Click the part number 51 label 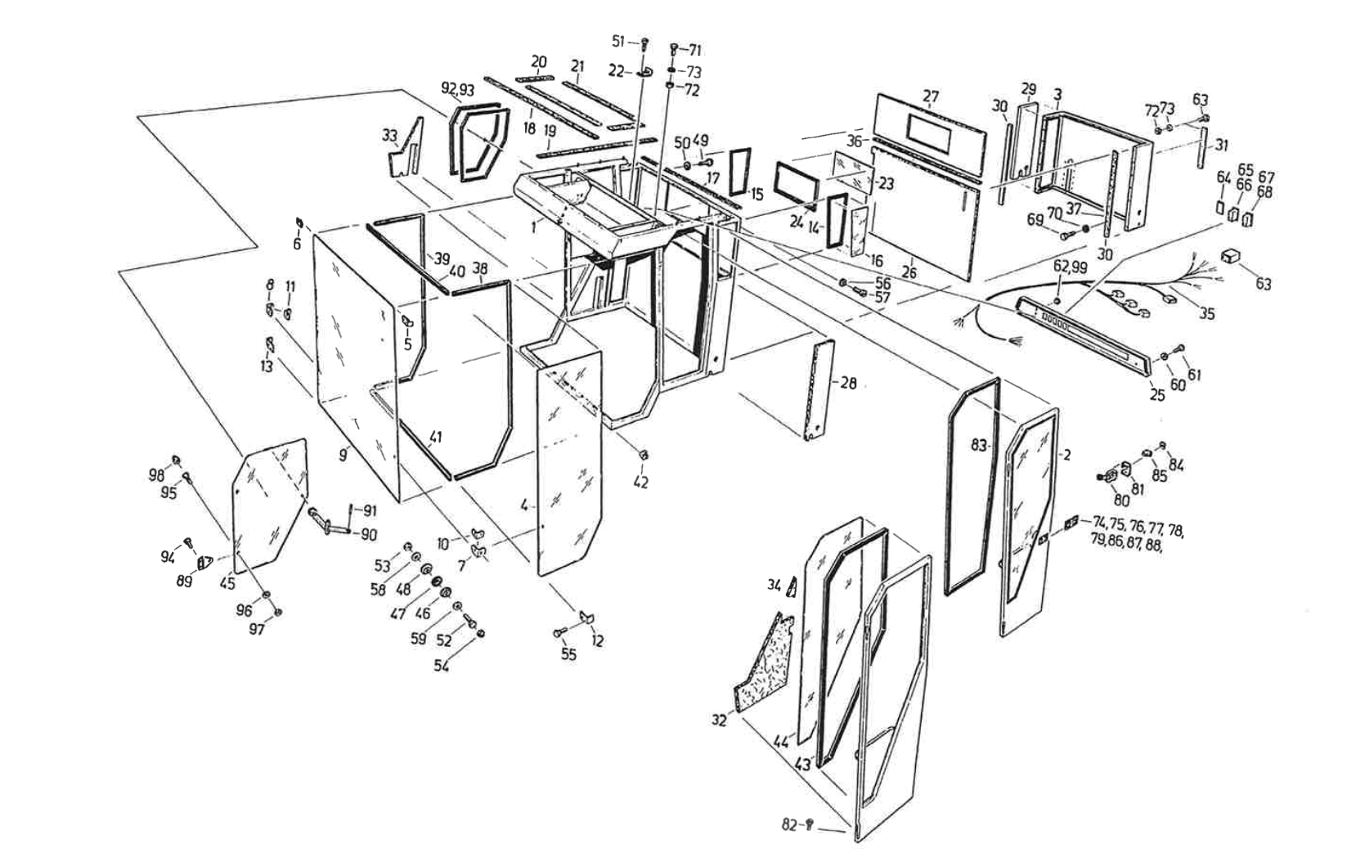click(x=618, y=41)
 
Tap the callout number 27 click(x=931, y=97)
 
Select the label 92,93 click(x=458, y=89)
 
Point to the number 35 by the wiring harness click(x=1207, y=314)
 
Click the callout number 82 click(x=789, y=824)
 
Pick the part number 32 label click(x=719, y=721)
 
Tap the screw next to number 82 click(x=808, y=824)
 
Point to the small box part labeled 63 click(x=1229, y=256)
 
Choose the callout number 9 click(x=343, y=454)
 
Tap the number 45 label click(x=227, y=582)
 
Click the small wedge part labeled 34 click(x=792, y=586)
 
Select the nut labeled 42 click(x=644, y=455)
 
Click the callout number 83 click(x=979, y=445)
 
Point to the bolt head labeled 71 click(x=675, y=48)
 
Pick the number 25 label click(x=1156, y=395)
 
